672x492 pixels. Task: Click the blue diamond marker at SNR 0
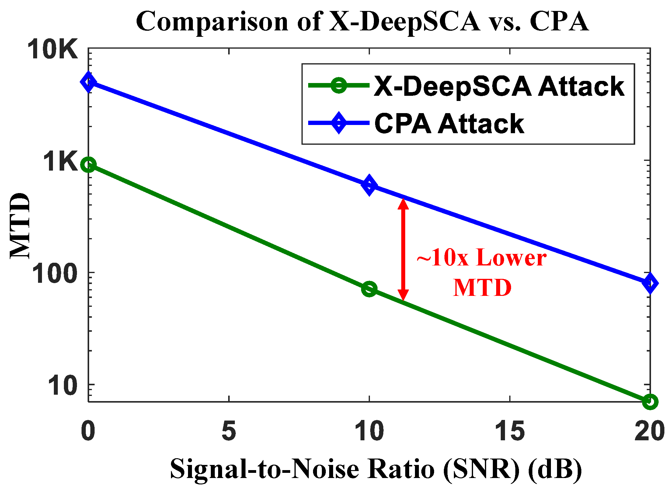pyautogui.click(x=88, y=82)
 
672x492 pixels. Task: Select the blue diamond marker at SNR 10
pyautogui.click(x=369, y=185)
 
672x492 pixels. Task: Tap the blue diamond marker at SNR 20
pyautogui.click(x=650, y=283)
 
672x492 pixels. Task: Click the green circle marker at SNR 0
pyautogui.click(x=88, y=165)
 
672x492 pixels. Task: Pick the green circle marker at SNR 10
pyautogui.click(x=369, y=289)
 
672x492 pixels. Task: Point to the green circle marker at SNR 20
pyautogui.click(x=650, y=401)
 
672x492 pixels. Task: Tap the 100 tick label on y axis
pyautogui.click(x=55, y=274)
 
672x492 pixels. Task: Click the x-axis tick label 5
pyautogui.click(x=229, y=431)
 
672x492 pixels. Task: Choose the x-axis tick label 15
pyautogui.click(x=510, y=431)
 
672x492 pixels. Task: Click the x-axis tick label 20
pyautogui.click(x=649, y=431)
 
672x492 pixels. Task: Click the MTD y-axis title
pyautogui.click(x=20, y=226)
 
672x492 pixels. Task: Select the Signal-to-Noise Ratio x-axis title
pyautogui.click(x=376, y=469)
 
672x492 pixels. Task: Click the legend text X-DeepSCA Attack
pyautogui.click(x=499, y=87)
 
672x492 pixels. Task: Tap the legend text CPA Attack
pyautogui.click(x=449, y=123)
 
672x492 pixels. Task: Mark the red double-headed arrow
pyautogui.click(x=403, y=249)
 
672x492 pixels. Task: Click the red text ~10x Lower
pyautogui.click(x=481, y=258)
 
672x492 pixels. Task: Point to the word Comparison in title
pyautogui.click(x=212, y=22)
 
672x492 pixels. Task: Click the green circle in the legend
pyautogui.click(x=339, y=85)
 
